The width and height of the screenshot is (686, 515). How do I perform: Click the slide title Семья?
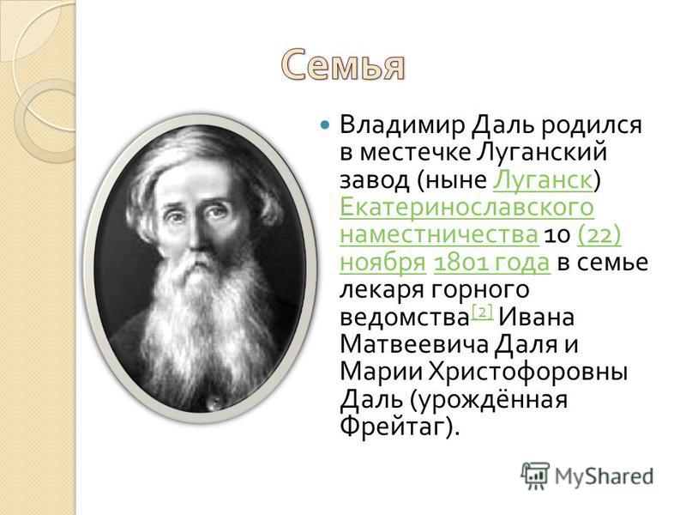343,66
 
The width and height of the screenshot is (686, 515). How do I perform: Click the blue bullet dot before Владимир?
325,125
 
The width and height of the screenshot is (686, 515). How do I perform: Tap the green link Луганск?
543,180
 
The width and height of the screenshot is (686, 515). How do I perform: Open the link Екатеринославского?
466,207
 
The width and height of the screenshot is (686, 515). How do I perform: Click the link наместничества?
439,234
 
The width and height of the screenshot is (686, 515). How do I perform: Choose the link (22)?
599,234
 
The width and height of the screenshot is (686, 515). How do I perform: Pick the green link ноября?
382,263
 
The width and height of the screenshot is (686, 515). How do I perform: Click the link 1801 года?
491,263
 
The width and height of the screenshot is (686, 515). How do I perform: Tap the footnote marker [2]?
483,312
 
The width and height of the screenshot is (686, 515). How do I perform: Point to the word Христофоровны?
528,373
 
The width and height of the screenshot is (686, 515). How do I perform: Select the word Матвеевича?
414,345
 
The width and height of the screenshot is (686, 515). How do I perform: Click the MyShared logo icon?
534,476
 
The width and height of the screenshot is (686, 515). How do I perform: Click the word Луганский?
541,153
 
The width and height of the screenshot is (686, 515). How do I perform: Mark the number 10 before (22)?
557,235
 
